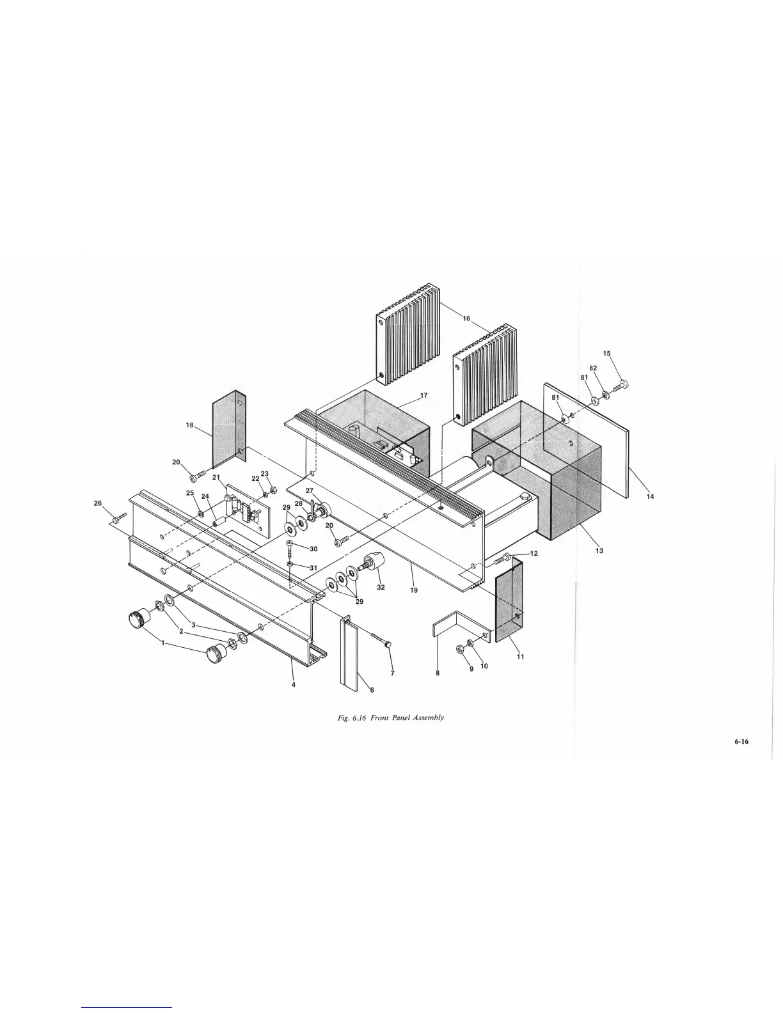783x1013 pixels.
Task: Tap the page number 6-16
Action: (741, 742)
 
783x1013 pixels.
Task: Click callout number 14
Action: (650, 497)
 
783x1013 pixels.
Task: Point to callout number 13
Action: (599, 551)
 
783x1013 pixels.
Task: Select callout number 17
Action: (423, 396)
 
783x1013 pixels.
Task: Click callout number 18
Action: (189, 426)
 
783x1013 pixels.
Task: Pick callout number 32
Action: (381, 587)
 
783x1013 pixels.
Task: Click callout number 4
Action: (293, 684)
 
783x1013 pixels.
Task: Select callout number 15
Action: (607, 353)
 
